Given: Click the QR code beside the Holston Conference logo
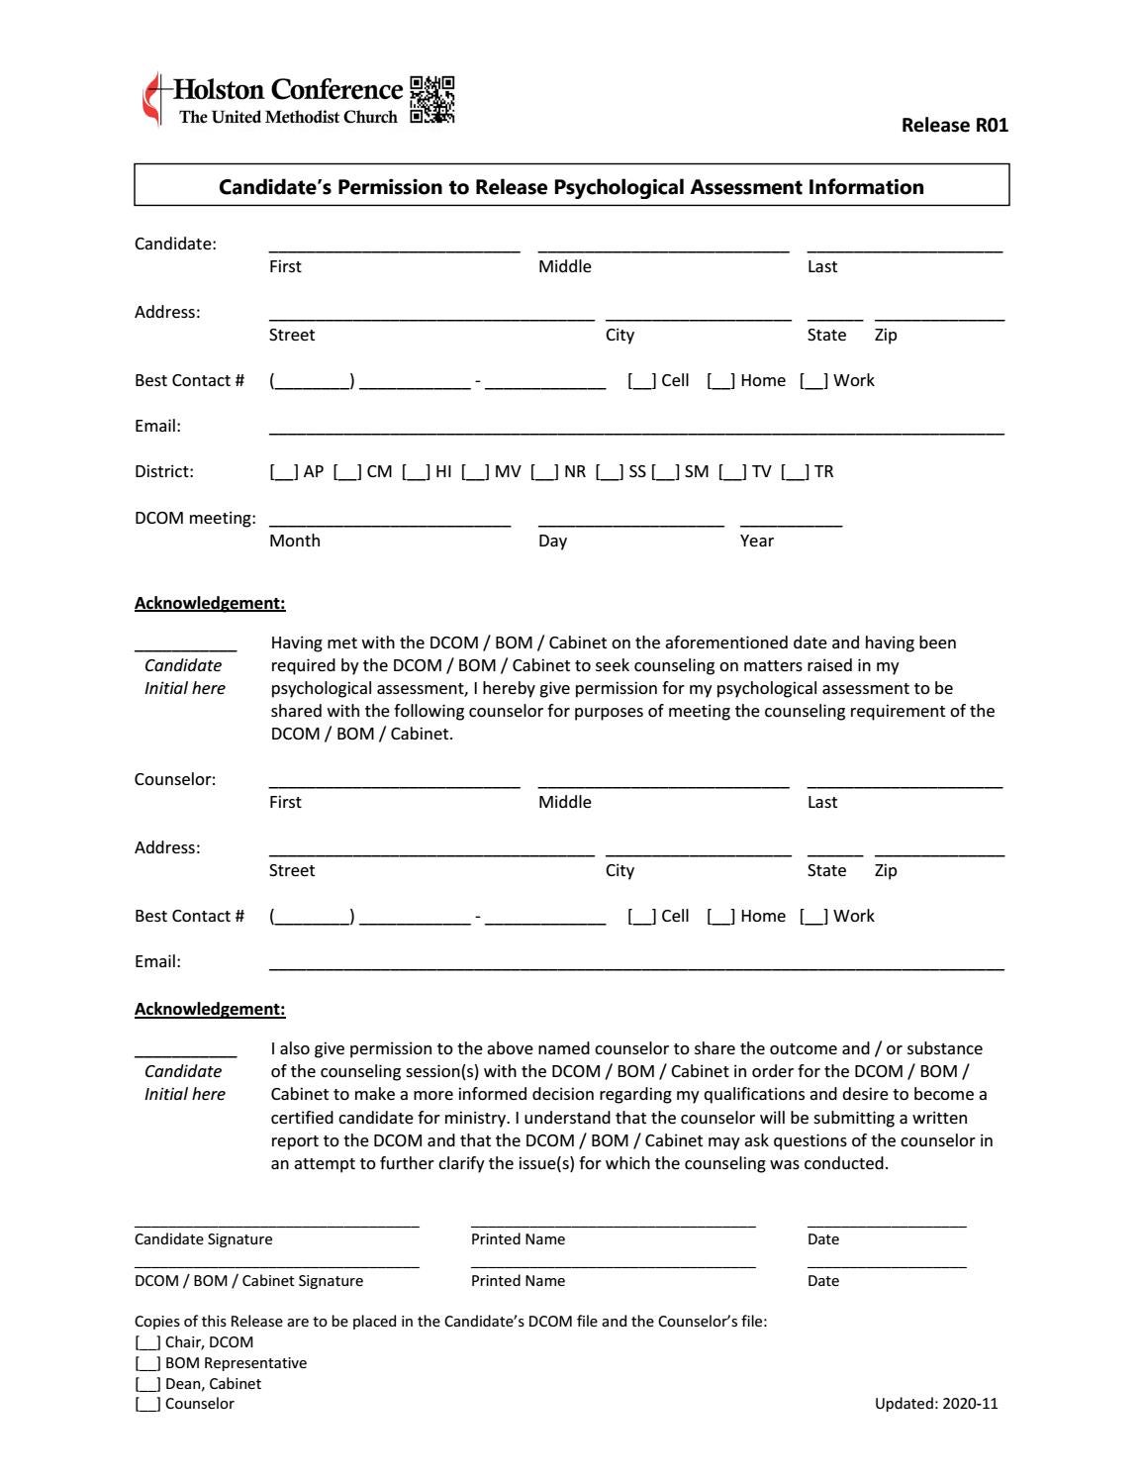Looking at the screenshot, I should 431,100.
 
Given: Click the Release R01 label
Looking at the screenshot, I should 954,125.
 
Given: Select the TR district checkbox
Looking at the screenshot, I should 795,472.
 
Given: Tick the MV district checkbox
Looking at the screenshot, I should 475,472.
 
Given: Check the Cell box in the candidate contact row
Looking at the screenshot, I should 641,381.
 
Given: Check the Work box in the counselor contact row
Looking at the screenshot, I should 813,917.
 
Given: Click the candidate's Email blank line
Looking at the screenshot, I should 635,430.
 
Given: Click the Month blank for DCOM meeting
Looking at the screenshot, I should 389,521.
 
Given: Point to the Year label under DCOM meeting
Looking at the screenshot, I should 756,541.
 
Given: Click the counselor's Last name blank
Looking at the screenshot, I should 904,783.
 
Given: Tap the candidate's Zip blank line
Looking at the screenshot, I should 938,316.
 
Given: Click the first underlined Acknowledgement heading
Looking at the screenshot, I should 210,603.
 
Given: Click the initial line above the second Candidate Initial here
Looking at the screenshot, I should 185,1052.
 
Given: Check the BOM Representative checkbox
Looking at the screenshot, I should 147,1363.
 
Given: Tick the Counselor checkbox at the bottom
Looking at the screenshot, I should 147,1404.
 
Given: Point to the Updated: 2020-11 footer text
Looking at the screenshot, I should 935,1404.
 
